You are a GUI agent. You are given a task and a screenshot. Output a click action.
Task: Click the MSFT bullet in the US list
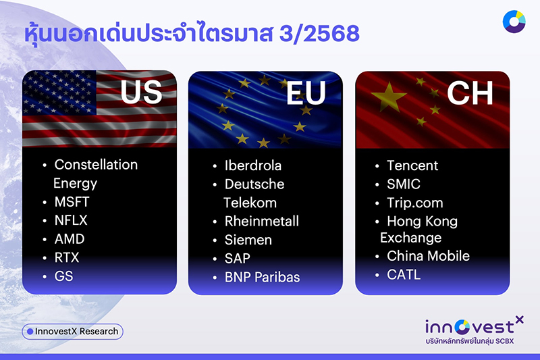[x=72, y=202]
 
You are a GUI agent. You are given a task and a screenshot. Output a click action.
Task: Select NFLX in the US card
[x=71, y=220]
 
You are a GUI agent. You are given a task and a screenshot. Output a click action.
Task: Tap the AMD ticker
[x=70, y=239]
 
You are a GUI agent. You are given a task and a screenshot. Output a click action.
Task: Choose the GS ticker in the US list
[x=64, y=276]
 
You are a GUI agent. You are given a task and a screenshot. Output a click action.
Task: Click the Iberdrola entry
[x=252, y=165]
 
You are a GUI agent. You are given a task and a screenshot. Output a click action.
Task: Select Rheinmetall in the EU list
[x=261, y=221]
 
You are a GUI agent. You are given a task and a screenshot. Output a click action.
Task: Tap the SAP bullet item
[x=238, y=259]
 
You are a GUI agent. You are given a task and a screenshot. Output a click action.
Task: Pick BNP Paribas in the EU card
[x=262, y=277]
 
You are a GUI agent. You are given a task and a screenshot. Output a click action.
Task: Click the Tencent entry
[x=412, y=165]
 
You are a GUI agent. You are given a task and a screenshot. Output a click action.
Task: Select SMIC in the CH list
[x=403, y=184]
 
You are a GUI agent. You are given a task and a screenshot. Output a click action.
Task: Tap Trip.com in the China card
[x=414, y=202]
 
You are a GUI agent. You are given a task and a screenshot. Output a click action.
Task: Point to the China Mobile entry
[x=428, y=256]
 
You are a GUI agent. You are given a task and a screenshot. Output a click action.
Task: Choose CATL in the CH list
[x=403, y=274]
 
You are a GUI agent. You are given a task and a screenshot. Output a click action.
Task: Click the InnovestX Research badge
[x=72, y=332]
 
